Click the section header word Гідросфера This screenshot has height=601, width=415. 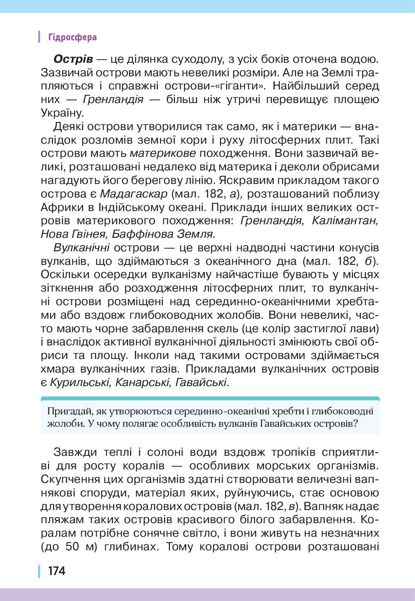pyautogui.click(x=72, y=37)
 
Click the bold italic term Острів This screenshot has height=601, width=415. pyautogui.click(x=73, y=59)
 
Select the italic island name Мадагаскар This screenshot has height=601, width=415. pyautogui.click(x=134, y=194)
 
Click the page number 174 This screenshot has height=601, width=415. pyautogui.click(x=57, y=571)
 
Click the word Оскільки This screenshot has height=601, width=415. pyautogui.click(x=66, y=275)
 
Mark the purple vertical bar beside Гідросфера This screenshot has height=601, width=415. pyautogui.click(x=39, y=37)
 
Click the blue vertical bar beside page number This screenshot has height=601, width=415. pyautogui.click(x=39, y=571)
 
